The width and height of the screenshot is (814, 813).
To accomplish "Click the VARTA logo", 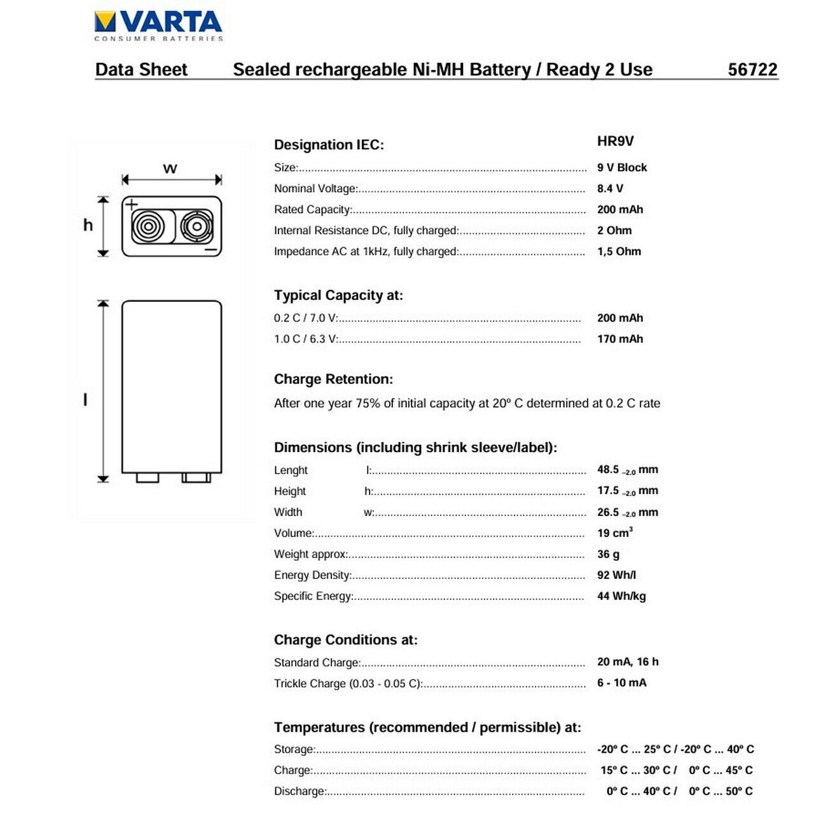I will (x=158, y=25).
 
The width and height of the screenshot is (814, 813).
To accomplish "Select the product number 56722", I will (x=752, y=69).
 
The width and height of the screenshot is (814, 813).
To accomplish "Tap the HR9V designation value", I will (x=615, y=141).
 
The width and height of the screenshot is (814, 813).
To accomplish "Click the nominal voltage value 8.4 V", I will (x=610, y=188).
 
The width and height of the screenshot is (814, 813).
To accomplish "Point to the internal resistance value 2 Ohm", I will (x=614, y=230).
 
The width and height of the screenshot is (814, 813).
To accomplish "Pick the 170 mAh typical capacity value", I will (x=620, y=339).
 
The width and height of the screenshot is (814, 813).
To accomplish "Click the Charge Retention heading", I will (x=333, y=379).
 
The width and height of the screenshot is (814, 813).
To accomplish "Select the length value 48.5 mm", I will (x=627, y=470).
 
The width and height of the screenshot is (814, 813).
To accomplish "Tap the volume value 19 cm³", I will (x=614, y=533).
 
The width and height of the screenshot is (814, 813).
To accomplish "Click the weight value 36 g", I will (x=608, y=554).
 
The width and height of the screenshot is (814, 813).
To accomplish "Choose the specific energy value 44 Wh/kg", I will (x=621, y=596).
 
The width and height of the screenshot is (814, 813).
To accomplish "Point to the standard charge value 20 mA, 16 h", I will (x=628, y=662).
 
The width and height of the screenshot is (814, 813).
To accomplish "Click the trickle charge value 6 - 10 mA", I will (x=621, y=683).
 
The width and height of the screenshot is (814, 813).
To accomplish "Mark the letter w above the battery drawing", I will (x=170, y=168).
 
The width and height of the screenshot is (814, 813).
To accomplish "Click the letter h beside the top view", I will (x=88, y=225).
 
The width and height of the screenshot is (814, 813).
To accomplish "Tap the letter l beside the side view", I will (x=85, y=399).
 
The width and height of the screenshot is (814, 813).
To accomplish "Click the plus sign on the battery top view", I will (x=131, y=204).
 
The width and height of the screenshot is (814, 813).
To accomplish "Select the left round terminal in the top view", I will (x=148, y=226).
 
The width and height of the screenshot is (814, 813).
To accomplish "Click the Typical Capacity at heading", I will (x=338, y=295).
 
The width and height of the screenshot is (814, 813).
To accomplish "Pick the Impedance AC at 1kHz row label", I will (x=366, y=251).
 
